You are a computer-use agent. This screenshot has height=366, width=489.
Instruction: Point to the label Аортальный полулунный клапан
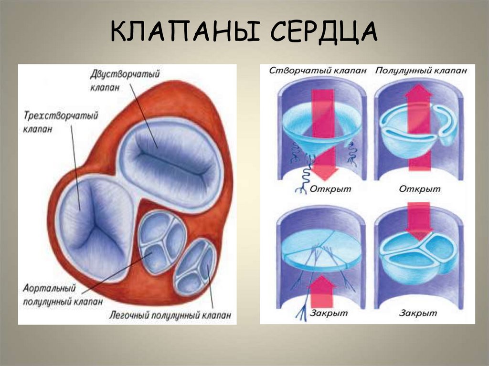coord(50,295)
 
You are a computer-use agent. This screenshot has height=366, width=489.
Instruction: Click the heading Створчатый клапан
coord(318,70)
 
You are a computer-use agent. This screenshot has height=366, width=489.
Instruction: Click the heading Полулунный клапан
coord(421,70)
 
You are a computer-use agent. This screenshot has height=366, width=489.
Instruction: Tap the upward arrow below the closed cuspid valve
coord(323,291)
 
